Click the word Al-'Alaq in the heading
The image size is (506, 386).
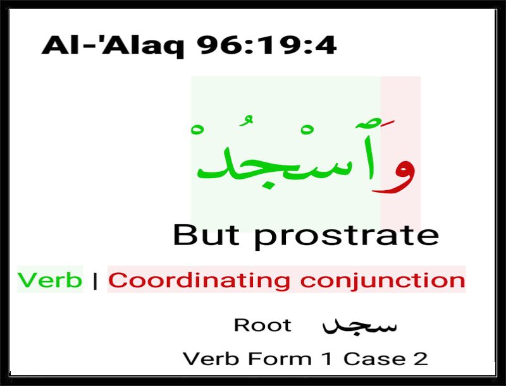[113, 45]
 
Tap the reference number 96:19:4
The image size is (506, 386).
[267, 45]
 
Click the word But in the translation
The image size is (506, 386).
[206, 235]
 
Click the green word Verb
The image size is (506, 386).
[50, 280]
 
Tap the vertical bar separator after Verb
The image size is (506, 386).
[95, 280]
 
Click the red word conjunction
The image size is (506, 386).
[383, 281]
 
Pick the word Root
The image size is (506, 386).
[262, 325]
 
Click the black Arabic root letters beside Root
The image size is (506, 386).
[359, 326]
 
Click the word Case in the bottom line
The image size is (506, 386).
[374, 359]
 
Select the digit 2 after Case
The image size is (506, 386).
[421, 359]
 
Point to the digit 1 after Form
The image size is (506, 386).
[328, 359]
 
